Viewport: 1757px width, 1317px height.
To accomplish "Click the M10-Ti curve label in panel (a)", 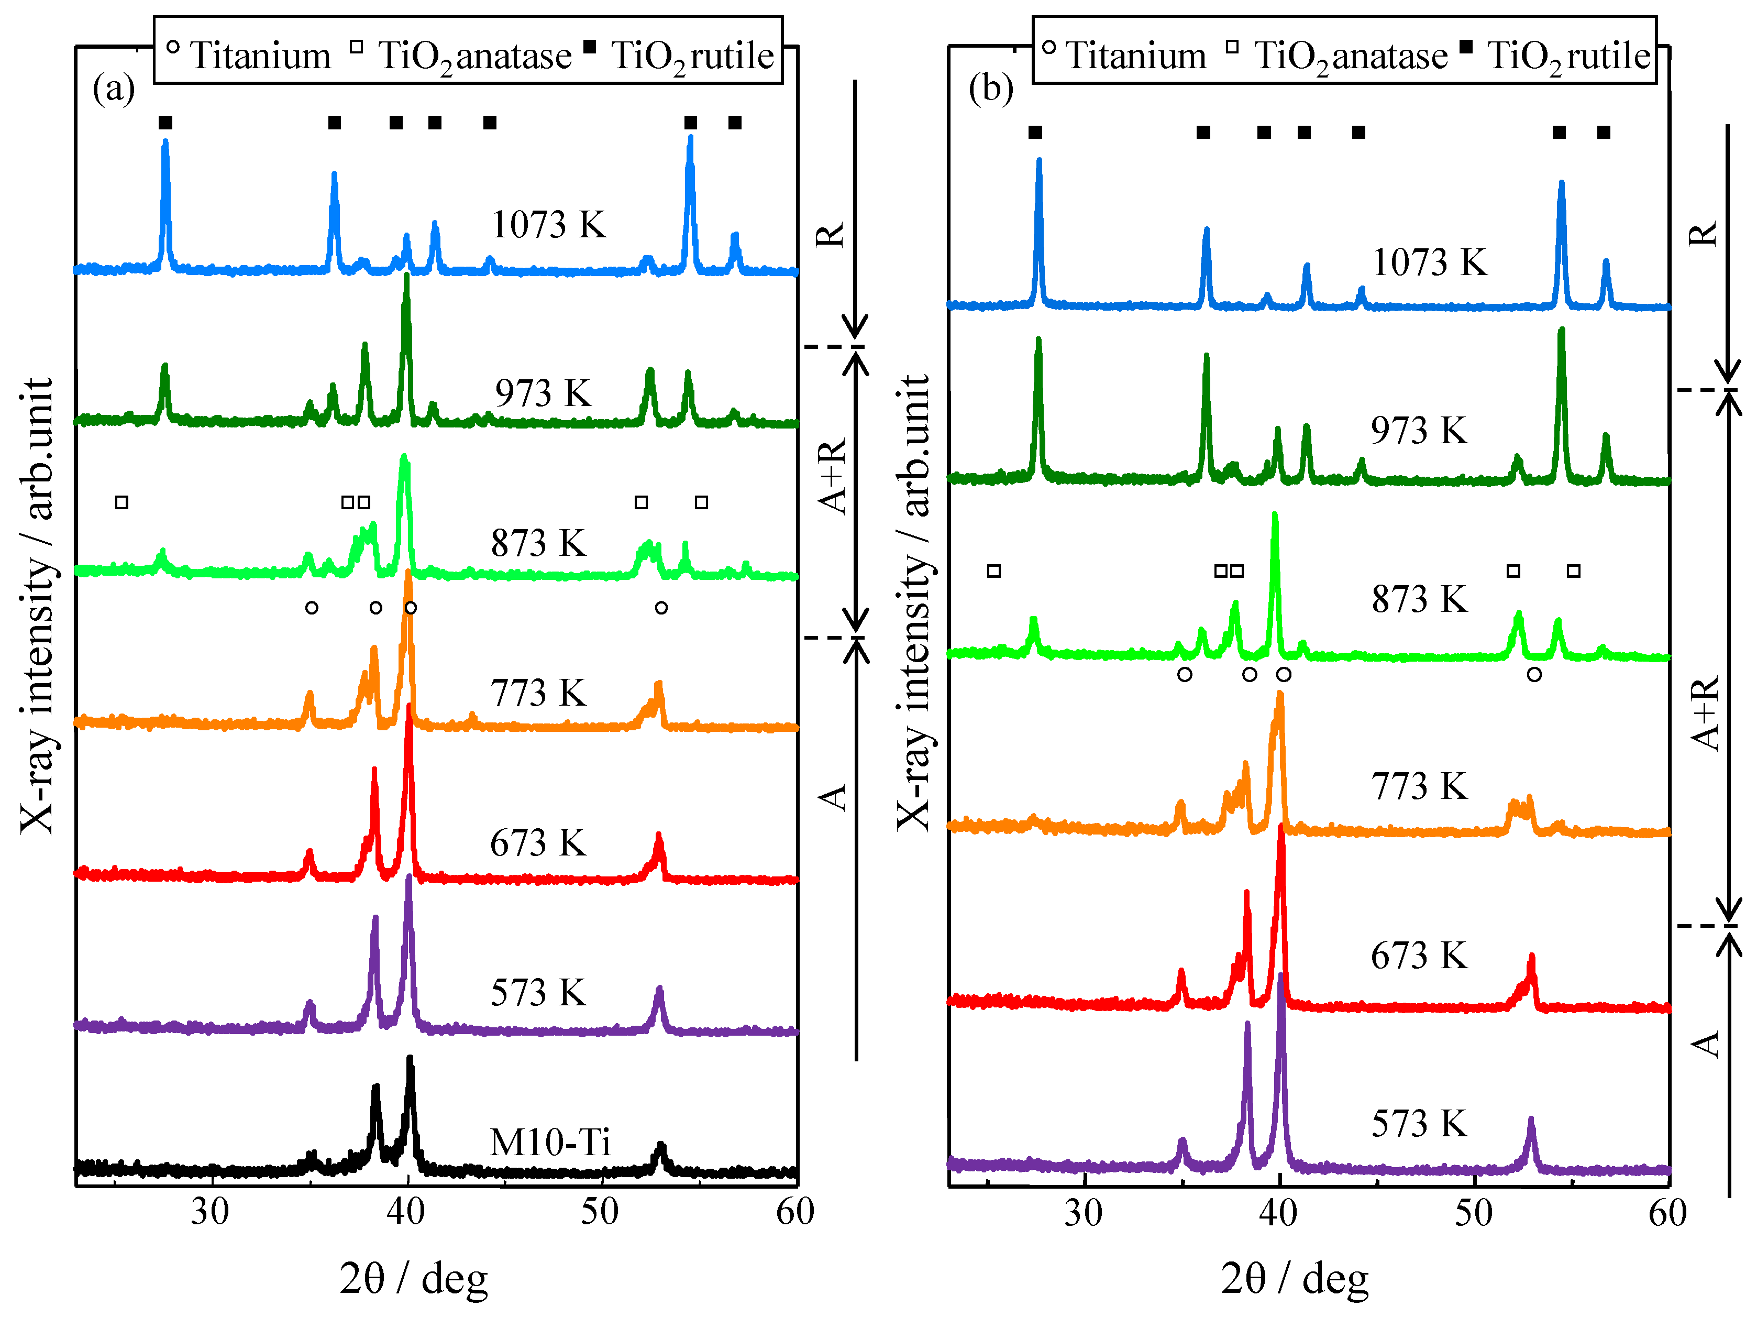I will (550, 1142).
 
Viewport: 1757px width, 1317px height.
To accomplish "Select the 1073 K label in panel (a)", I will (548, 225).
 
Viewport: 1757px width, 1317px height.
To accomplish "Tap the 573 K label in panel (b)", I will (1419, 1123).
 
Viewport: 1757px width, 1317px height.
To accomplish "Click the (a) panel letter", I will (114, 87).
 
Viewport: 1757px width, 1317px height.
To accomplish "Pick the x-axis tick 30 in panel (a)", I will (209, 1212).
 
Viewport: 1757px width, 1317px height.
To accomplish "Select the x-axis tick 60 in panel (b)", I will (1666, 1213).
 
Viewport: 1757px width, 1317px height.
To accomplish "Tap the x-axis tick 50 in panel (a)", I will (600, 1212).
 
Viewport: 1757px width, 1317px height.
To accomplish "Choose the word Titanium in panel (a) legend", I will (260, 56).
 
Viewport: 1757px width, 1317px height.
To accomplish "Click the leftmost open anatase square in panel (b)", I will (993, 570).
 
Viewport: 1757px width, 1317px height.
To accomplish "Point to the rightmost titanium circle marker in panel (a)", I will (661, 608).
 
